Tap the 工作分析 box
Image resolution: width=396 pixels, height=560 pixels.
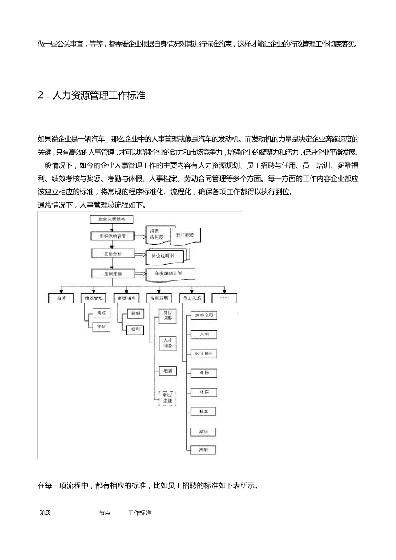point(113,253)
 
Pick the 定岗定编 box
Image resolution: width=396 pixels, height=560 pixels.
point(113,273)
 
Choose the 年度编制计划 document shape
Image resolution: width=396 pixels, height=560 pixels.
point(171,273)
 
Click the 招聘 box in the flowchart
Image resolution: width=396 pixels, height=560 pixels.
point(61,298)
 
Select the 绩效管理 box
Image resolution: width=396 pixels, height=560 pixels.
point(93,298)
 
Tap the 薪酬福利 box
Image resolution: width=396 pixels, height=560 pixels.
point(126,298)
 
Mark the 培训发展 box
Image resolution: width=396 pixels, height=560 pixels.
point(159,298)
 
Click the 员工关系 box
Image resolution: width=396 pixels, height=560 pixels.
point(192,298)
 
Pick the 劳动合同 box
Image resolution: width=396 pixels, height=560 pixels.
point(203,315)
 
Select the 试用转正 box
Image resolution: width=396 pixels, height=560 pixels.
point(203,354)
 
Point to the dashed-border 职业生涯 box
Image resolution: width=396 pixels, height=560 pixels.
point(168,397)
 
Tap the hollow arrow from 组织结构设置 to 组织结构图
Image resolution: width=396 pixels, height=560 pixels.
point(140,236)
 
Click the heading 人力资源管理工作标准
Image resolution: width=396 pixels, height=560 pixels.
point(99,95)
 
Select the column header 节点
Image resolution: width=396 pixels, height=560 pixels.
point(105,513)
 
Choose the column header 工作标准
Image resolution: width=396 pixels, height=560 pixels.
point(140,513)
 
